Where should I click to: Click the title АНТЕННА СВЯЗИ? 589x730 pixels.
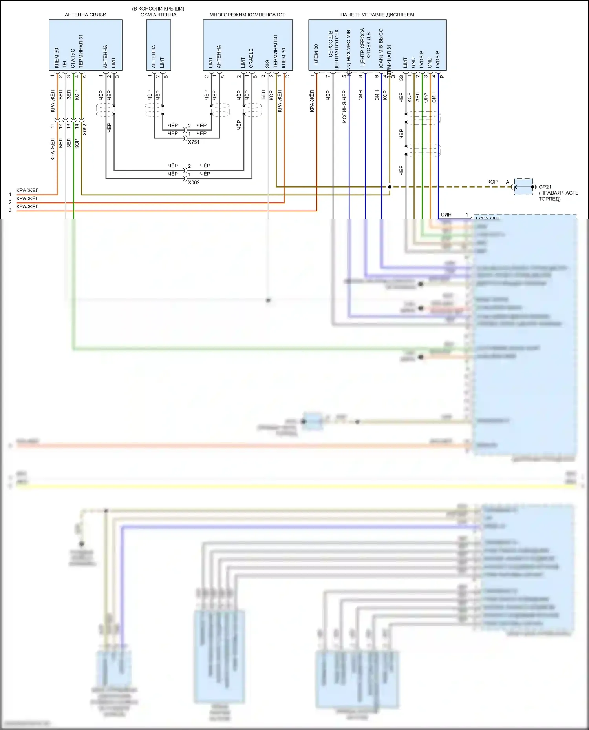(85, 15)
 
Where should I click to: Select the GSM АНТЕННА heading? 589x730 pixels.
(158, 15)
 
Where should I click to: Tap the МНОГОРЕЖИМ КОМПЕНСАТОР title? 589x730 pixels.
(247, 15)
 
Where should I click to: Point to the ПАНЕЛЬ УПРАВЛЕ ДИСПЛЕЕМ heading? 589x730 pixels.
(377, 15)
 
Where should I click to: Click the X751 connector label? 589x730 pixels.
(194, 142)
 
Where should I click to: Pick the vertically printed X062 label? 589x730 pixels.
(85, 129)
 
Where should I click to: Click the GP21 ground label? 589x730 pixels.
(545, 187)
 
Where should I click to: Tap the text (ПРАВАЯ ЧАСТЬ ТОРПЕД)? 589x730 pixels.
(558, 196)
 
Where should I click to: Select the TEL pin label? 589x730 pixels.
(65, 64)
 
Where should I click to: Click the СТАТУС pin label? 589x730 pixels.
(73, 58)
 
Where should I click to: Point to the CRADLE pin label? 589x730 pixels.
(251, 58)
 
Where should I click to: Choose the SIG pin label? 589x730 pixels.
(268, 64)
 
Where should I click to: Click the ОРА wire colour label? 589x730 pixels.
(426, 98)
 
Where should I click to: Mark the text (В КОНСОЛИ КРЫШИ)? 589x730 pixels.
(158, 9)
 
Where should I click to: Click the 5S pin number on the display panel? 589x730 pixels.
(401, 78)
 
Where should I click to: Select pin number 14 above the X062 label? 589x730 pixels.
(77, 126)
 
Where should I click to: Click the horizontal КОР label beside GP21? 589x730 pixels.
(492, 182)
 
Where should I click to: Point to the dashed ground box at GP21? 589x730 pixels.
(523, 187)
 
